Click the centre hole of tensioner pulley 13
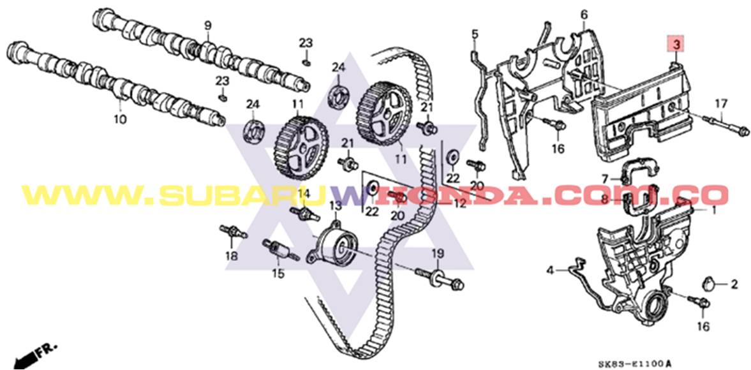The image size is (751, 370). point(340,246)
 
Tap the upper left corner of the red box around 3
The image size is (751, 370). point(669,37)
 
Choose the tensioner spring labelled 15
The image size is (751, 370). point(281,251)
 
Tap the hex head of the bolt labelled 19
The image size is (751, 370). point(457,284)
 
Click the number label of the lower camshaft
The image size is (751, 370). point(120,118)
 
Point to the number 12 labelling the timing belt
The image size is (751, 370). point(459,204)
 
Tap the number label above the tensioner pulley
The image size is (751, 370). point(335,206)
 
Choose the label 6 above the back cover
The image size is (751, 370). point(584,15)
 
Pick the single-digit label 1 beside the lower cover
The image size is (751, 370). point(713,210)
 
